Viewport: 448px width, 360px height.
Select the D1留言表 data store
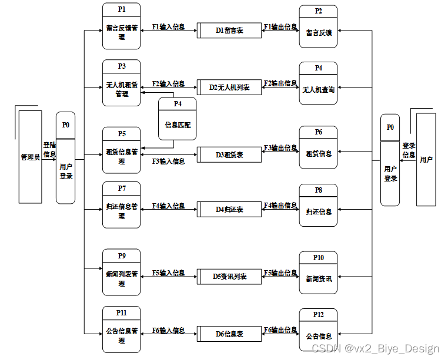229,30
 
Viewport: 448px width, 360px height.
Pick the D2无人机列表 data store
229,87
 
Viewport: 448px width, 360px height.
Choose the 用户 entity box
426,159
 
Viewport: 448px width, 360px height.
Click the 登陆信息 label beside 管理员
49,150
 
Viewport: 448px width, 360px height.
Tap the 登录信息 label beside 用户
409,150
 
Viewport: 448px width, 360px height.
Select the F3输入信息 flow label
168,161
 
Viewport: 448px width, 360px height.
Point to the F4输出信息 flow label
280,206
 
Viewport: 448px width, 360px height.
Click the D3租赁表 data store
229,155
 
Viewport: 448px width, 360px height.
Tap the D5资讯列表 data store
229,276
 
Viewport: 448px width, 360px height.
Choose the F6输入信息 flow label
168,331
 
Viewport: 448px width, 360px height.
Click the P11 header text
122,312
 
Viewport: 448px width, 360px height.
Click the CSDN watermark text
375,349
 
